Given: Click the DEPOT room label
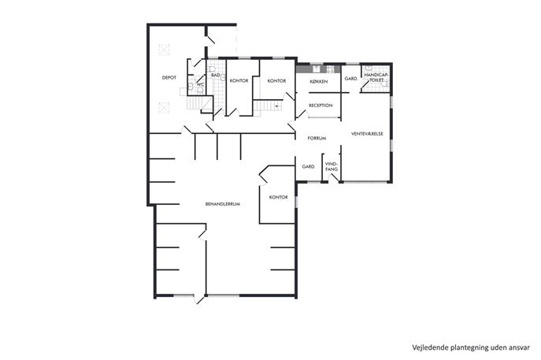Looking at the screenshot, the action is (x=169, y=78).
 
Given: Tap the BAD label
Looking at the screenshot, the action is (x=216, y=75).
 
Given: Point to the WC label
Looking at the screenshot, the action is (x=201, y=84).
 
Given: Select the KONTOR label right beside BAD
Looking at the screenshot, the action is (x=239, y=81).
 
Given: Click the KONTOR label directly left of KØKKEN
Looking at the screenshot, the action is (x=276, y=81).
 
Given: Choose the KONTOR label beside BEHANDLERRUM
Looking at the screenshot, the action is (x=279, y=198).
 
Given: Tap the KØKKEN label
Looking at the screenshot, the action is (x=319, y=82).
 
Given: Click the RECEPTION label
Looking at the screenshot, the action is (x=321, y=106).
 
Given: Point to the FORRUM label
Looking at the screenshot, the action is (x=317, y=138).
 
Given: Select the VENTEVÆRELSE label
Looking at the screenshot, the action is (x=367, y=134).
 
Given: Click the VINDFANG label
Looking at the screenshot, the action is (x=332, y=167).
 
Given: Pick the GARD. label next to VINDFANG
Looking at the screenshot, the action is (x=309, y=167).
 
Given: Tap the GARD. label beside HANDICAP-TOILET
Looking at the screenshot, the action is (x=351, y=79).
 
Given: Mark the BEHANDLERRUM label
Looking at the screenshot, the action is (x=223, y=204).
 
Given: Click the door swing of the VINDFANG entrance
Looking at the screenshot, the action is (x=333, y=178).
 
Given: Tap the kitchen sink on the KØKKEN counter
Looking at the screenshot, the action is (x=317, y=69).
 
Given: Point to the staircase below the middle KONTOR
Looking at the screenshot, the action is (x=268, y=105).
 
